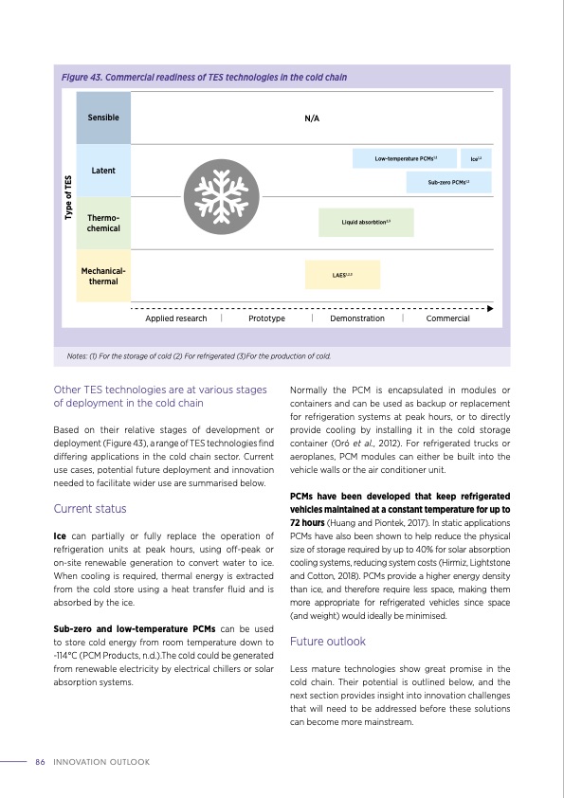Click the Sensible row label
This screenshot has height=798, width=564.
(x=103, y=118)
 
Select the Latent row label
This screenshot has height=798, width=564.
(x=103, y=170)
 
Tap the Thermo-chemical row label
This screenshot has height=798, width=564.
(x=103, y=223)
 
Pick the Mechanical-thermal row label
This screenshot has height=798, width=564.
(x=103, y=276)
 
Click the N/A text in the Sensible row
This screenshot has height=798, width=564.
(x=312, y=118)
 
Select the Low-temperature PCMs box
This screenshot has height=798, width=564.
(x=405, y=158)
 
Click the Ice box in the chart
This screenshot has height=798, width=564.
(x=477, y=158)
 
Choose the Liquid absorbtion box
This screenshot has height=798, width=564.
(x=366, y=222)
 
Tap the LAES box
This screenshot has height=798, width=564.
(x=342, y=275)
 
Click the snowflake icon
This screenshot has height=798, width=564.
(x=218, y=195)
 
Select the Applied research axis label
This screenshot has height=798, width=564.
(x=175, y=318)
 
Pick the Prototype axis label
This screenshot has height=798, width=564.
(x=266, y=318)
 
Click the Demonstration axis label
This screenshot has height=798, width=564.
(x=357, y=318)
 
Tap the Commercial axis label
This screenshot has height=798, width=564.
(x=447, y=318)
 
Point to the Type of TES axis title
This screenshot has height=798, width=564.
(x=68, y=197)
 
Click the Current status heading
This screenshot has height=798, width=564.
(x=86, y=509)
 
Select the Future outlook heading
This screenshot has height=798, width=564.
(x=327, y=642)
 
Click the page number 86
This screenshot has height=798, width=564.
(x=40, y=761)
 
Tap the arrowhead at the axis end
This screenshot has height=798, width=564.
(x=490, y=308)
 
